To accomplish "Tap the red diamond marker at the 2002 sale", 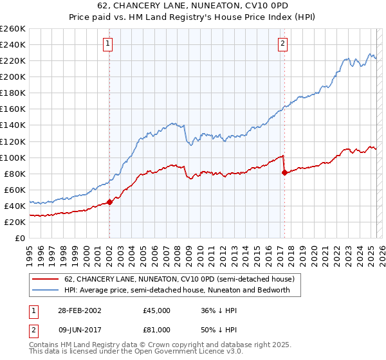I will point(109,201).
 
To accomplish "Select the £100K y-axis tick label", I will point(13,157).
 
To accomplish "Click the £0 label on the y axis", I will point(20,238).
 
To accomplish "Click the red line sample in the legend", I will point(45,279).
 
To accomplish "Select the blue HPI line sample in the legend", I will point(45,290).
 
